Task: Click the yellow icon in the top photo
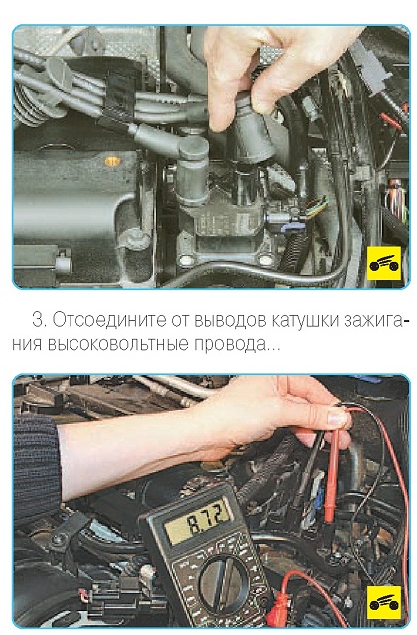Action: click(x=384, y=263)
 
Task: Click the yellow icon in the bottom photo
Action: click(x=384, y=602)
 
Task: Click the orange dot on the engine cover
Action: click(x=113, y=161)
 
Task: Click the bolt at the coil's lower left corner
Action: click(x=186, y=260)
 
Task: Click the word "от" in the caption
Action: click(x=180, y=320)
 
